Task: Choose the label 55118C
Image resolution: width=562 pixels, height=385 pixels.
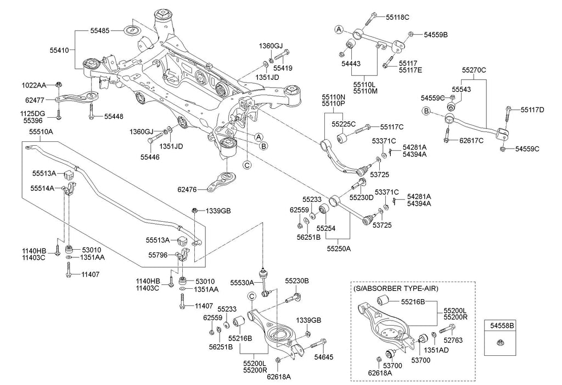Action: click(398, 18)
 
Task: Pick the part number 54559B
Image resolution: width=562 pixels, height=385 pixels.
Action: click(436, 35)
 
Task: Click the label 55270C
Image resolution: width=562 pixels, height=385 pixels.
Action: click(474, 70)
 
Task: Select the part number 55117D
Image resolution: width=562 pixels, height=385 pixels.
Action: click(532, 109)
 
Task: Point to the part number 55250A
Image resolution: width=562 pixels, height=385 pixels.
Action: click(338, 249)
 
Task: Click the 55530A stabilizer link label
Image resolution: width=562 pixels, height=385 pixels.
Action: click(242, 282)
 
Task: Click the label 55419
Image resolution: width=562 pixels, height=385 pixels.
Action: click(283, 68)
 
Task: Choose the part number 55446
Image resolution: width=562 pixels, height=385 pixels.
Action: click(150, 157)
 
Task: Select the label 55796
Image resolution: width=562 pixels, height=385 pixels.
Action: click(158, 255)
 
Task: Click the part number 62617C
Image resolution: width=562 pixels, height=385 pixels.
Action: click(471, 140)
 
